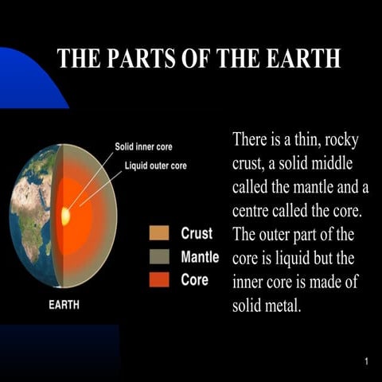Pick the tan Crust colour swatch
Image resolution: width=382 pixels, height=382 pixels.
tap(159, 234)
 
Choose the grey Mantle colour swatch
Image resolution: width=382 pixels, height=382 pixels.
tap(159, 257)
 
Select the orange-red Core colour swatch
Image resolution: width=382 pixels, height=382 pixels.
tap(159, 280)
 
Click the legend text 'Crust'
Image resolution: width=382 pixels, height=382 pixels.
tap(196, 234)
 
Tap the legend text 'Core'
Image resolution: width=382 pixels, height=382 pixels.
tap(194, 280)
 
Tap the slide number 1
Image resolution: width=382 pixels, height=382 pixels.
tap(366, 363)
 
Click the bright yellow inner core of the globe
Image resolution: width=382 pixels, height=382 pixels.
tap(65, 216)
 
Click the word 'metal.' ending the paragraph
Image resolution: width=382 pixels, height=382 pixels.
tap(282, 306)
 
